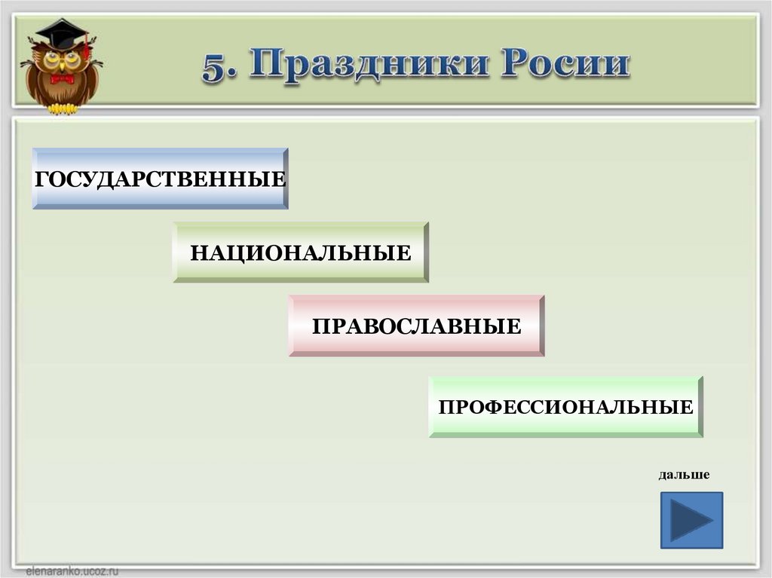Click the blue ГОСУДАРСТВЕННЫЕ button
[160, 179]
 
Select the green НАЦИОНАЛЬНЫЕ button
[301, 252]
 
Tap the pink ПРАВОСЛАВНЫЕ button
[416, 326]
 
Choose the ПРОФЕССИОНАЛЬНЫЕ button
[565, 407]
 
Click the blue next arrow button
[691, 520]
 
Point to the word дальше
[684, 475]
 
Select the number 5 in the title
[214, 68]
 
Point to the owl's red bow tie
[62, 78]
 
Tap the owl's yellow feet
[63, 109]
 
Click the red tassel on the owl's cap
[87, 49]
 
